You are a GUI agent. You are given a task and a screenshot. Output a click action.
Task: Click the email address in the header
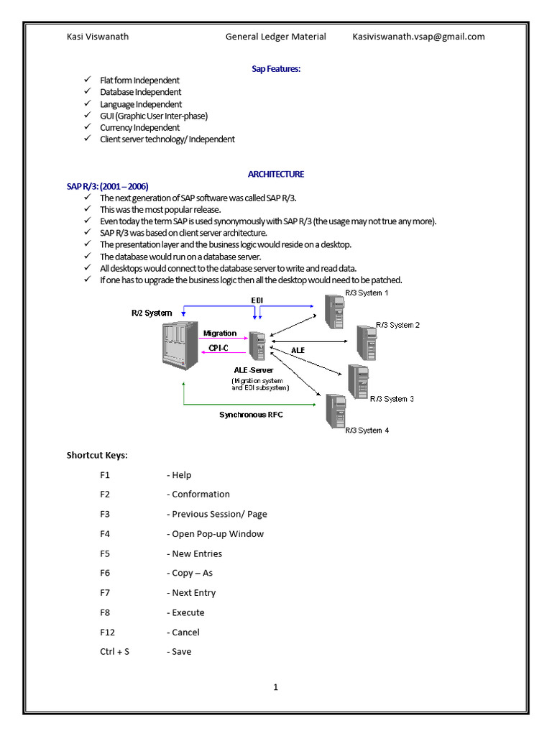418,37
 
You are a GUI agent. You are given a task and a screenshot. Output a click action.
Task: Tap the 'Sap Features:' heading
276,68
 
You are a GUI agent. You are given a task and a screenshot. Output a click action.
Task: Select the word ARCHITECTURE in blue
276,174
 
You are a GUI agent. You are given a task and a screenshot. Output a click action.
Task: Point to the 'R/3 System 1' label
367,293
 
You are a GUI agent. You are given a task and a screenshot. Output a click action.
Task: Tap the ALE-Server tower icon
257,346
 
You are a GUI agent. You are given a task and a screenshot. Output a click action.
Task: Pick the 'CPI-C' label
218,348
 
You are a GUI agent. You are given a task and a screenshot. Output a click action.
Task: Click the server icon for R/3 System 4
334,411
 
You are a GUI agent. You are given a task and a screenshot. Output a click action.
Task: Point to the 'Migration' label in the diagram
219,333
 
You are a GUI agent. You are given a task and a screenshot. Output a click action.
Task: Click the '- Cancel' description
183,632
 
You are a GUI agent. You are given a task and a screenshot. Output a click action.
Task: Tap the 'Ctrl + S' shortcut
114,652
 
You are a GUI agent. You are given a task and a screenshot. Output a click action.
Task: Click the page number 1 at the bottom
275,687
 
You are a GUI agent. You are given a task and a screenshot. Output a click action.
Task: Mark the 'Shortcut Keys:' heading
97,455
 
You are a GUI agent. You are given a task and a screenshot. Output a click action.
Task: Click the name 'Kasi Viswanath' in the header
98,37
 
